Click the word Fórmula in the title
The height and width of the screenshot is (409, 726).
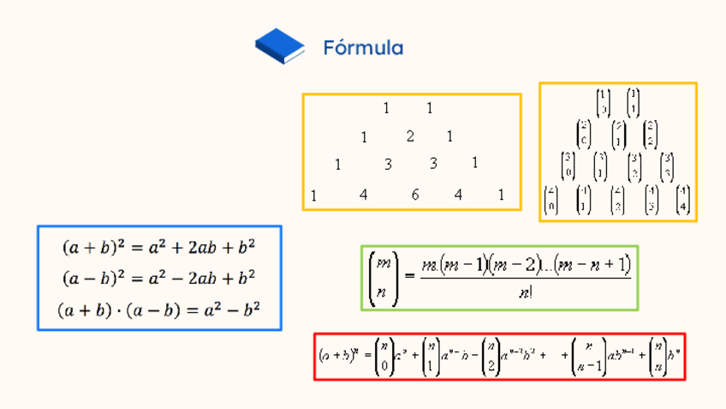(x=363, y=48)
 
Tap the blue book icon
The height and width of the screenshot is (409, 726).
(x=280, y=46)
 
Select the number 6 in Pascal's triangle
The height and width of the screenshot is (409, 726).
(x=415, y=195)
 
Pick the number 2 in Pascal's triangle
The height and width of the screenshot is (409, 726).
(x=410, y=136)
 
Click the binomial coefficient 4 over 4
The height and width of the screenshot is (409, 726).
(x=682, y=199)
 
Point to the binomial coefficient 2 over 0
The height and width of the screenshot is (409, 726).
(x=584, y=134)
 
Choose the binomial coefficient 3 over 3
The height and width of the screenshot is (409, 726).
(x=667, y=166)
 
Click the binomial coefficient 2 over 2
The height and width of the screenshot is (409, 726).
(x=650, y=134)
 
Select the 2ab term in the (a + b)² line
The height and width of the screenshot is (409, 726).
(x=202, y=249)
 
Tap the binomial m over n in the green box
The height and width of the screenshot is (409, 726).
(x=382, y=277)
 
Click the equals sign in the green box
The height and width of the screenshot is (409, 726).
(x=408, y=276)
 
